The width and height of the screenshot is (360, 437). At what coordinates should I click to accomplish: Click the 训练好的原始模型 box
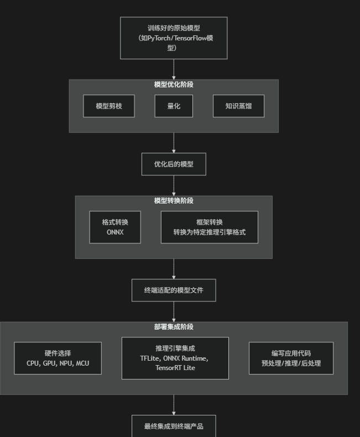[x=174, y=38]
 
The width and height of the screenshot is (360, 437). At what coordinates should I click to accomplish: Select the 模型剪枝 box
[x=109, y=106]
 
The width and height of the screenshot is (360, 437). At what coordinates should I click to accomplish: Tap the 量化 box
[x=174, y=106]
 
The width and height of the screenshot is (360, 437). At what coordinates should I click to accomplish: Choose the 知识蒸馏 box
[x=238, y=106]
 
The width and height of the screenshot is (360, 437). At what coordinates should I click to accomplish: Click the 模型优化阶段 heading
[x=174, y=85]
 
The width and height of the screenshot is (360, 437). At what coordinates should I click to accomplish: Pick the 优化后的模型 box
[x=174, y=164]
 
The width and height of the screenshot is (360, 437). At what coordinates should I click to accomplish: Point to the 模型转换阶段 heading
[x=174, y=201]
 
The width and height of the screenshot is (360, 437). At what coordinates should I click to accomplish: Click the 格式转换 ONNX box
[x=115, y=227]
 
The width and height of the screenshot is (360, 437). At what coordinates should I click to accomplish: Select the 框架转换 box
[x=209, y=227]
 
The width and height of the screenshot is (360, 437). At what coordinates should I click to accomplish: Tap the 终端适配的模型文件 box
[x=174, y=290]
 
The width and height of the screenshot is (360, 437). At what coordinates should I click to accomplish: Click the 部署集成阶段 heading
[x=174, y=327]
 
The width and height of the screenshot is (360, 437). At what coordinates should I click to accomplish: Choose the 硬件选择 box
[x=58, y=358]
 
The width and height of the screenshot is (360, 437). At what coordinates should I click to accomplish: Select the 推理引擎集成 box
[x=175, y=358]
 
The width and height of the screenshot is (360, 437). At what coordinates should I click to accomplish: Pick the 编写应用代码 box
[x=291, y=358]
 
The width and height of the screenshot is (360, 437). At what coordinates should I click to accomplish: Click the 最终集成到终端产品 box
[x=174, y=426]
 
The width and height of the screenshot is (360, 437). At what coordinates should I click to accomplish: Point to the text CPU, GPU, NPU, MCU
[x=58, y=363]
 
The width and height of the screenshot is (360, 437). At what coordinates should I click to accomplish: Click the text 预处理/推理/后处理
[x=291, y=363]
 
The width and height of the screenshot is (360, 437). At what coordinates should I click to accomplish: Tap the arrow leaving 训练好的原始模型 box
[x=174, y=69]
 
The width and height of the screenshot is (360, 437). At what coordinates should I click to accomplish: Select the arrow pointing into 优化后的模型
[x=174, y=143]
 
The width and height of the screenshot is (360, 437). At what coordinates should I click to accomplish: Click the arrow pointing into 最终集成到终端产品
[x=174, y=405]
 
